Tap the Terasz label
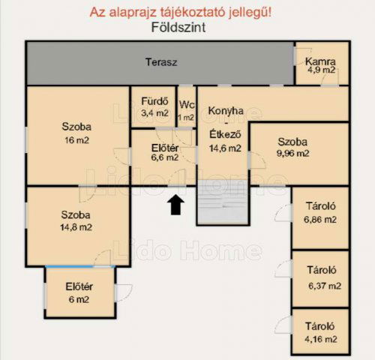(x=160, y=62)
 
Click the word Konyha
(x=226, y=111)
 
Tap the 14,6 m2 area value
(x=225, y=148)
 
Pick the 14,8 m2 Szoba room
(x=75, y=221)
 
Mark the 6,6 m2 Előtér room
(x=164, y=152)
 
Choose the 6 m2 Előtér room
(x=78, y=292)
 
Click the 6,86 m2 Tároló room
(x=320, y=214)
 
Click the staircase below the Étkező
(x=221, y=205)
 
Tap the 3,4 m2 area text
(x=153, y=113)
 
